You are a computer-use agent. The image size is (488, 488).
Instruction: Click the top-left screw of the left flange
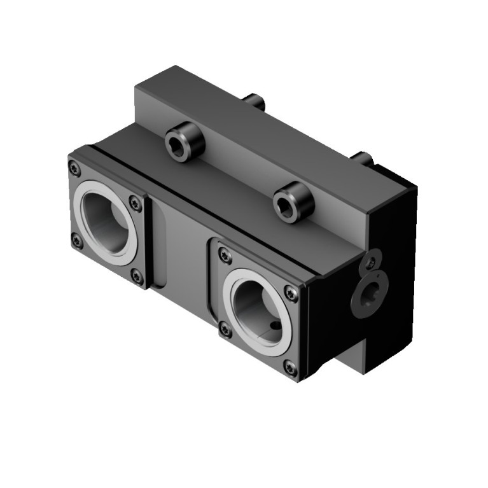pyautogui.click(x=74, y=169)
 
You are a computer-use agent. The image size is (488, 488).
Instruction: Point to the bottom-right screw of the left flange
pyautogui.click(x=137, y=275)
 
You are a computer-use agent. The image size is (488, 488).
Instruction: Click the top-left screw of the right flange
pyautogui.click(x=224, y=256)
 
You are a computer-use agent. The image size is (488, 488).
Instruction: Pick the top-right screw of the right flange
pyautogui.click(x=291, y=293)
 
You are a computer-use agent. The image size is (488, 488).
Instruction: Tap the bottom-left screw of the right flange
pyautogui.click(x=225, y=330)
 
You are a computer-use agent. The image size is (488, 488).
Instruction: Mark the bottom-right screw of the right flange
pyautogui.click(x=289, y=367)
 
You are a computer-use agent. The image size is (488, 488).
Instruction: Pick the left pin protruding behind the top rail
pyautogui.click(x=256, y=101)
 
